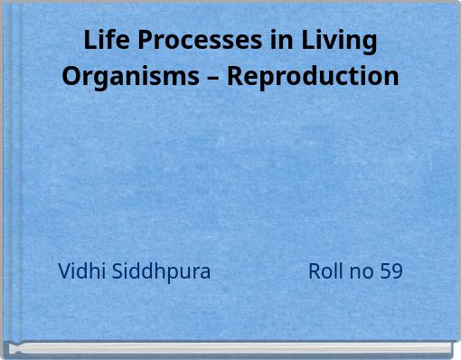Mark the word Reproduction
(313, 75)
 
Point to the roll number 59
(391, 271)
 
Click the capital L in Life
(89, 42)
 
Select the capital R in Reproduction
(235, 75)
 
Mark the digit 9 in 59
(397, 271)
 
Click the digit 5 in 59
(386, 271)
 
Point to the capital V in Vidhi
(64, 271)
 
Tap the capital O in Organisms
(71, 75)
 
